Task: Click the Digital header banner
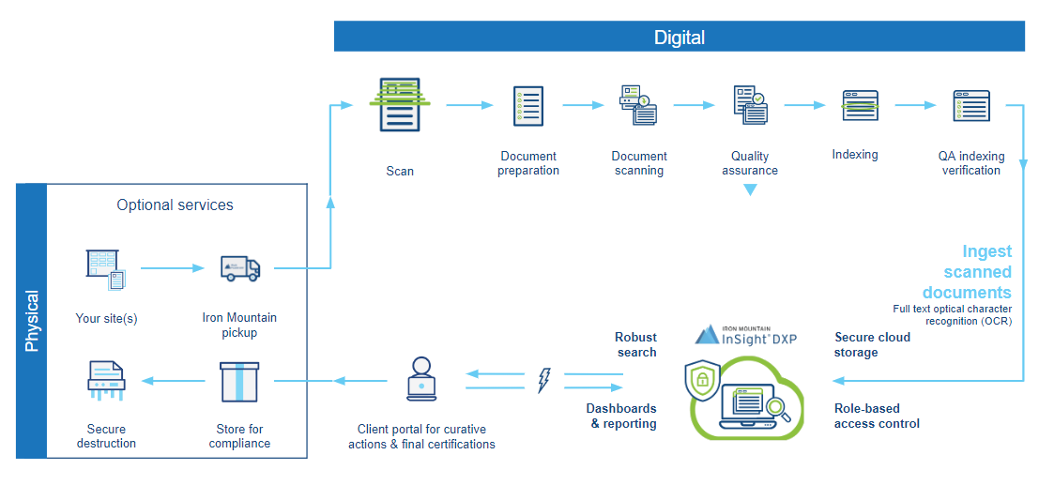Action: coord(680,37)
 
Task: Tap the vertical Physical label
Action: coord(32,321)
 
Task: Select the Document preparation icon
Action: coord(527,106)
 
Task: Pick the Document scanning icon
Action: coord(637,105)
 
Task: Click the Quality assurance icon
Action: coord(749,105)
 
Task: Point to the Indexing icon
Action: coord(859,105)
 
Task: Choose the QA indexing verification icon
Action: coord(970,105)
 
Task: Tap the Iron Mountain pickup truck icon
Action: coord(239,268)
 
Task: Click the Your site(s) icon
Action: coord(106,268)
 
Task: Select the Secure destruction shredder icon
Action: coord(106,380)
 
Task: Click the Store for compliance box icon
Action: coord(238,381)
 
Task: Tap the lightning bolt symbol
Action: coord(543,380)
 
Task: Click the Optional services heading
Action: coord(175,205)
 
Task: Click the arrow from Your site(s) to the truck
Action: coord(172,268)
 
